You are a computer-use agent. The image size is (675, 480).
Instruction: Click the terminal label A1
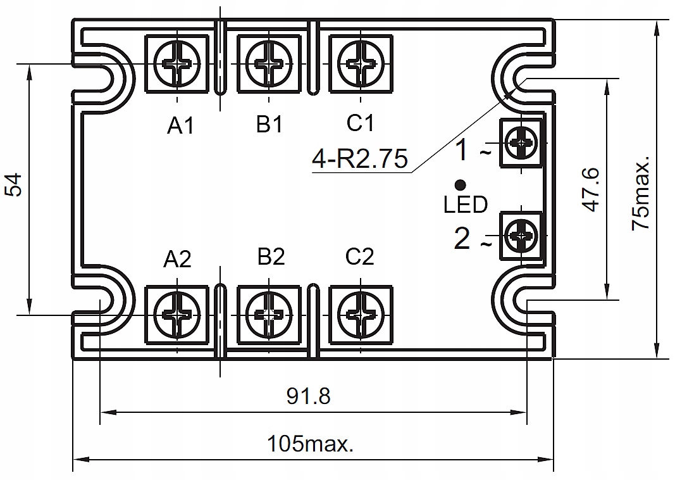[180, 126]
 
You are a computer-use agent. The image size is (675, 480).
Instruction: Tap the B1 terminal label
[269, 124]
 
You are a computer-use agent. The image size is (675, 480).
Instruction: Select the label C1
[361, 123]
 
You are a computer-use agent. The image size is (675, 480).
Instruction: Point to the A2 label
[177, 259]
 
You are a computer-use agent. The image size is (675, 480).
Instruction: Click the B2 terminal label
[271, 256]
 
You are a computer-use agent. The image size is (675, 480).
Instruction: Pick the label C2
[360, 256]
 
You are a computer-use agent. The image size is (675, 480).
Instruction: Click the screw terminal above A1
[177, 64]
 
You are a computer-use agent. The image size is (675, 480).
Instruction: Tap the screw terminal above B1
[269, 64]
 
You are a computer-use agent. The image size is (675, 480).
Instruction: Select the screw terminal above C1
[361, 64]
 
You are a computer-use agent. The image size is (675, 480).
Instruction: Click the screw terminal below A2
[177, 313]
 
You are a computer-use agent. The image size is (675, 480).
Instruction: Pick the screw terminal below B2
[269, 313]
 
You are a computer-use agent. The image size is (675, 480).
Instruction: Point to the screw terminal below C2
[361, 313]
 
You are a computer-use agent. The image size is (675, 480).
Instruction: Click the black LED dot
[461, 185]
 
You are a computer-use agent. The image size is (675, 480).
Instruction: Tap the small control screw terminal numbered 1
[521, 143]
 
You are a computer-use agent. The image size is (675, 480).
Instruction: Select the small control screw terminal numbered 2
[521, 236]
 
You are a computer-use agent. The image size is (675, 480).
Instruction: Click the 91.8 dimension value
[309, 396]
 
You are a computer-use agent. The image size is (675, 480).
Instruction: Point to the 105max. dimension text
[309, 443]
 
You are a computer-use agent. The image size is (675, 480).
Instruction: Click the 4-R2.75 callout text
[360, 160]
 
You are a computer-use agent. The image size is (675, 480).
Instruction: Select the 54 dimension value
[14, 184]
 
